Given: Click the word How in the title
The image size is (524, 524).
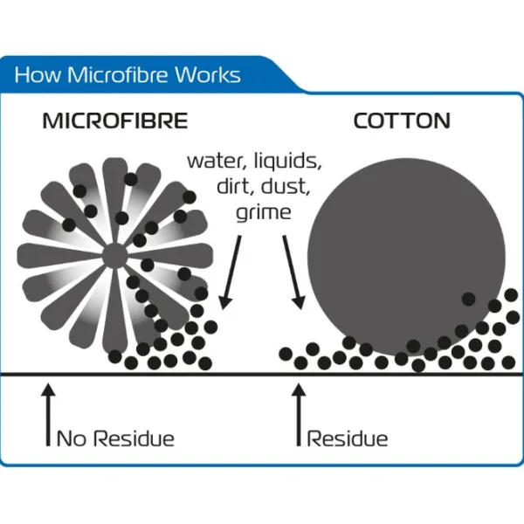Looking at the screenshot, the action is click(38, 74).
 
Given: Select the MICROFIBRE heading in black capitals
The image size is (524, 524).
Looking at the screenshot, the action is click(115, 121).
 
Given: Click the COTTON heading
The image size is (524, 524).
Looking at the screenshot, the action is click(402, 121).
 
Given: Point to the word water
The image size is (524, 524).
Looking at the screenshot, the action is click(217, 162).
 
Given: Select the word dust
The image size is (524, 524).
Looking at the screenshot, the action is click(285, 187).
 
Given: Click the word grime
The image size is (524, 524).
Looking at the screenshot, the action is click(264, 212).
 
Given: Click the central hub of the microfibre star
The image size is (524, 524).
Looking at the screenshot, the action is click(114, 256).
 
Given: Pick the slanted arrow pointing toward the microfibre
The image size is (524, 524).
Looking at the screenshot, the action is click(231, 272).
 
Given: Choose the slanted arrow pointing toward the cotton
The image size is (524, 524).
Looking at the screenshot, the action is click(294, 272).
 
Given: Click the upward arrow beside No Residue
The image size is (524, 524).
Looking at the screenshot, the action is click(48, 414).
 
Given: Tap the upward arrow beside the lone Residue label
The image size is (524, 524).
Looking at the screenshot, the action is click(299, 414).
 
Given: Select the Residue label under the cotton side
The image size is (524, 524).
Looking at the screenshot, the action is click(348, 438).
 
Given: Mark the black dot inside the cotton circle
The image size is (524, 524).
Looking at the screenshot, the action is click(468, 299).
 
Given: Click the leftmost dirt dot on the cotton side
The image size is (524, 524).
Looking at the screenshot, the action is click(286, 355).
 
